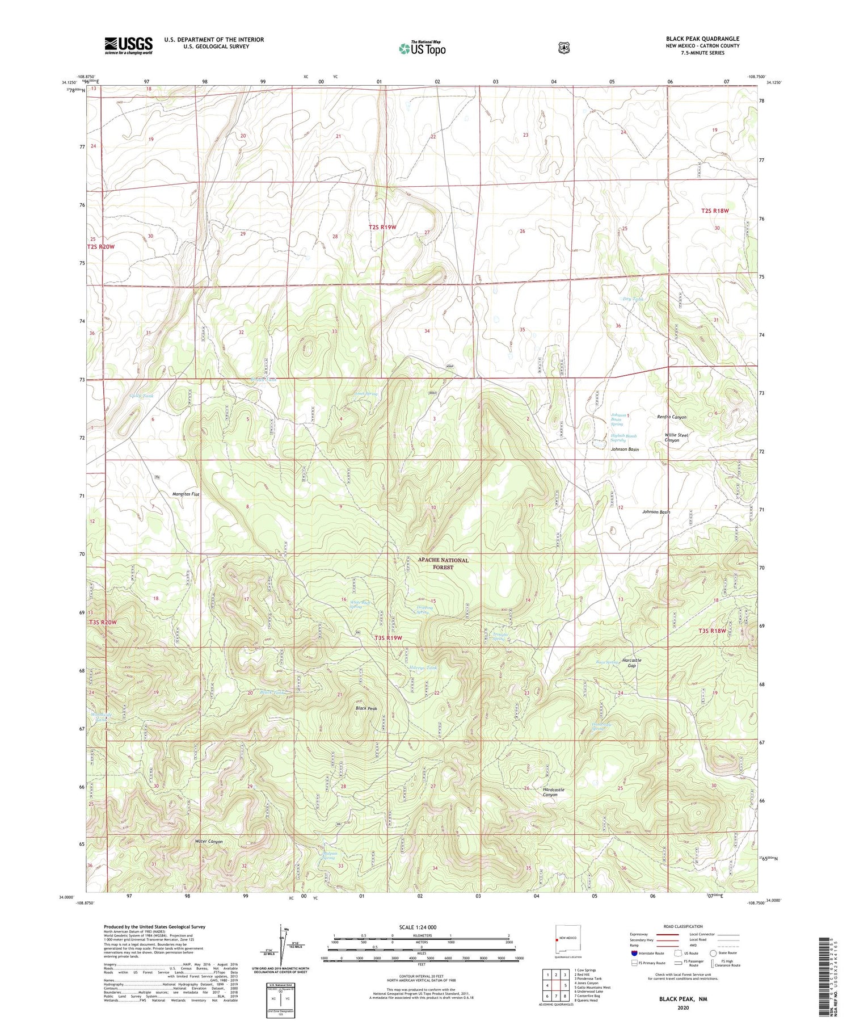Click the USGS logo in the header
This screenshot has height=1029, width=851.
(128, 45)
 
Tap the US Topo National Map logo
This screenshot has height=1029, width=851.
(422, 48)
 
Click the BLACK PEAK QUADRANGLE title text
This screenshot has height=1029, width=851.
(702, 39)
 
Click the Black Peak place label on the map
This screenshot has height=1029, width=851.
(366, 709)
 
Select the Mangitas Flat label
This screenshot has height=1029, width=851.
(186, 494)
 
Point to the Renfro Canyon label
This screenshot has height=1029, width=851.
(671, 417)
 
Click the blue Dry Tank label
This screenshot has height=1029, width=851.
(633, 299)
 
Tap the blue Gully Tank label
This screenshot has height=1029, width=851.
(141, 396)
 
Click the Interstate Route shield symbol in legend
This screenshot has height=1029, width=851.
(634, 953)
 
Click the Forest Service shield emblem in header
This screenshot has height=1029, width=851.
(563, 48)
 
